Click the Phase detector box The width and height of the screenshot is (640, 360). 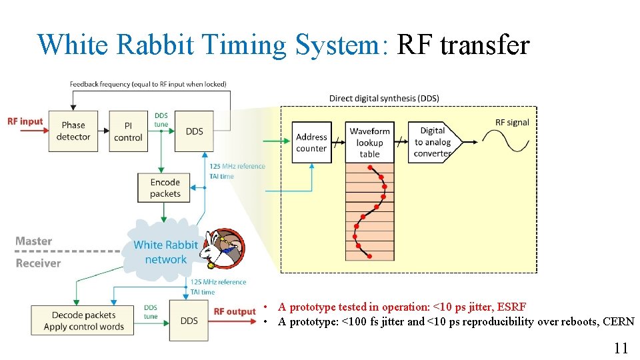pyautogui.click(x=73, y=131)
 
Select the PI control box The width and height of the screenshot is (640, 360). pyautogui.click(x=128, y=131)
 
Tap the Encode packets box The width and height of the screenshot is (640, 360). pyautogui.click(x=165, y=188)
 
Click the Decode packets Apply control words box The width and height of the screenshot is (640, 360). pyautogui.click(x=83, y=321)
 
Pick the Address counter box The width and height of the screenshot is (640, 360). pyautogui.click(x=311, y=142)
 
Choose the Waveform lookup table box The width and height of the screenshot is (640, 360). pyautogui.click(x=369, y=142)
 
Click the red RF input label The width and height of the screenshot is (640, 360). pyautogui.click(x=25, y=121)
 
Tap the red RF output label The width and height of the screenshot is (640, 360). pyautogui.click(x=235, y=311)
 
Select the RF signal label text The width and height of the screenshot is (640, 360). pyautogui.click(x=512, y=122)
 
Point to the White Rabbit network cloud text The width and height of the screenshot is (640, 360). pyautogui.click(x=165, y=252)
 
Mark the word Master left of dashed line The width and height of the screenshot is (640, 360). pyautogui.click(x=33, y=241)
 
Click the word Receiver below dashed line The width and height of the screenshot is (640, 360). pyautogui.click(x=38, y=263)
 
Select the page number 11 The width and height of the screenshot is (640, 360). pyautogui.click(x=621, y=347)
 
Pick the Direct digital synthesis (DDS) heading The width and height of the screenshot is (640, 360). pyautogui.click(x=384, y=98)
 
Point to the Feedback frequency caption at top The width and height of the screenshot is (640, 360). pyautogui.click(x=148, y=84)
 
